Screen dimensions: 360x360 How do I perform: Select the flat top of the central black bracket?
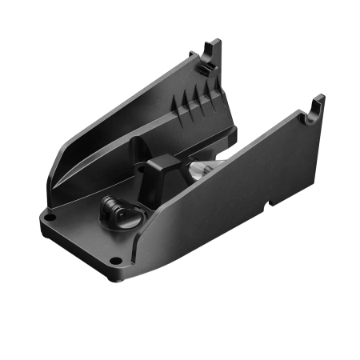[161, 165]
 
